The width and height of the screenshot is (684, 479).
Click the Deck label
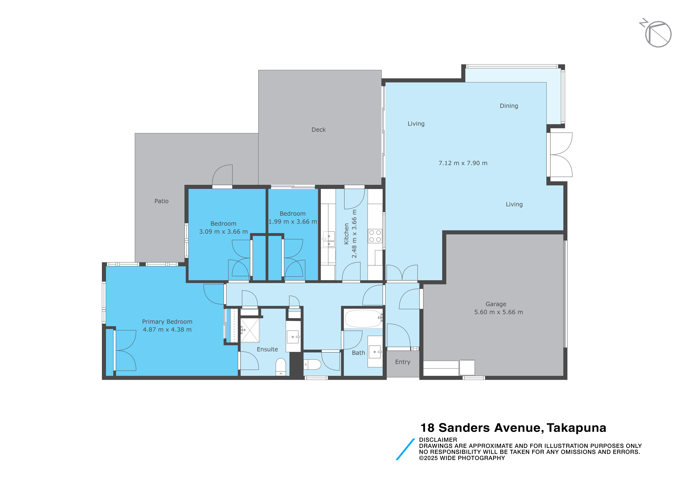point(318,130)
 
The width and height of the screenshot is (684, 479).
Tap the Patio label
point(161,201)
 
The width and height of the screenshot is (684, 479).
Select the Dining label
point(509,106)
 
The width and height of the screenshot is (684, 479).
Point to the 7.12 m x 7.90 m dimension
point(463,163)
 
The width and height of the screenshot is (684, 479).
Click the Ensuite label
point(267,349)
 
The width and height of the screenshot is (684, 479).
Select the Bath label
point(358,353)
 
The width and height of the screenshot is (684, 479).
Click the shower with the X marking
point(250,330)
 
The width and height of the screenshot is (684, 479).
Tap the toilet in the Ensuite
point(281,367)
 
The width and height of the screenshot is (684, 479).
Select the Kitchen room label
point(346,234)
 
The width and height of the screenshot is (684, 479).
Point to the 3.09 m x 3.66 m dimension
point(223,232)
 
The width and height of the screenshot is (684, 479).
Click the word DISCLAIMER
point(438,440)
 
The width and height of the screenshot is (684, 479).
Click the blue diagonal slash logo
point(405,449)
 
